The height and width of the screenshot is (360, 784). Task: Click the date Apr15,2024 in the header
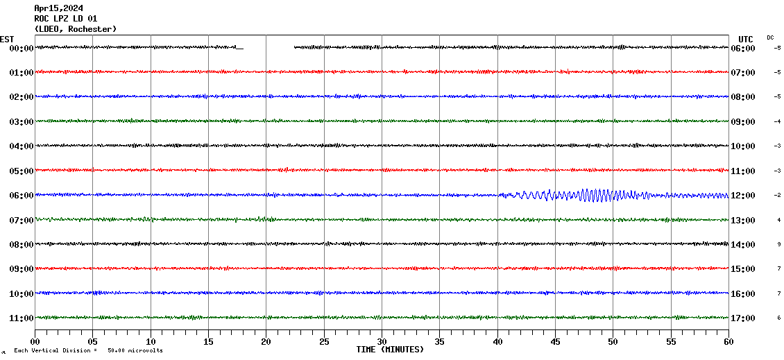[58, 8]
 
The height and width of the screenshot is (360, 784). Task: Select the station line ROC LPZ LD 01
[66, 19]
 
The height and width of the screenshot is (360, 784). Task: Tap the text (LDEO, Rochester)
[76, 29]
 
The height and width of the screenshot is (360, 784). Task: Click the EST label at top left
[7, 39]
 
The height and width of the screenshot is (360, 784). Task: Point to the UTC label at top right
[746, 39]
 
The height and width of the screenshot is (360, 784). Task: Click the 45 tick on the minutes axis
[555, 342]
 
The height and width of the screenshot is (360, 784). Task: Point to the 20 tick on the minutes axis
[266, 342]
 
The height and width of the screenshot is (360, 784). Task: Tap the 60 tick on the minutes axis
[728, 342]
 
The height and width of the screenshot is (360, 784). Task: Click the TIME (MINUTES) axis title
[390, 350]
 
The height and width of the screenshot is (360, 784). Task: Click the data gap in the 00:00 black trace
[269, 48]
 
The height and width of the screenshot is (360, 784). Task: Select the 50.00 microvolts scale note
[135, 351]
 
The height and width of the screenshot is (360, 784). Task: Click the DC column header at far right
[770, 37]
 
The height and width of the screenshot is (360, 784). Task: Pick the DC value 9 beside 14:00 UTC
[779, 244]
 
